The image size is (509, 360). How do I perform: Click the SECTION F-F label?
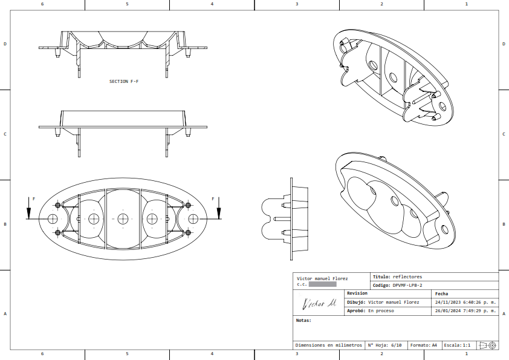123,81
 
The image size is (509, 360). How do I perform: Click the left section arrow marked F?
28,209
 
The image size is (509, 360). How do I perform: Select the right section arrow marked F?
218,209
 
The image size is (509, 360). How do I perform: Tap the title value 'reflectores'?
407,277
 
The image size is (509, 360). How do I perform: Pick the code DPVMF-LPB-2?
407,285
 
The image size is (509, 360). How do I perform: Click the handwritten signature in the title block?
319,303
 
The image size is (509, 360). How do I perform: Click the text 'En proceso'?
381,311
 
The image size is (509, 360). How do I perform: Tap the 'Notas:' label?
303,320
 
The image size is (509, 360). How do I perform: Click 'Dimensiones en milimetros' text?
328,345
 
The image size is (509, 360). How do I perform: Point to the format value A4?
434,345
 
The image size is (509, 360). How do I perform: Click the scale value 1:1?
466,345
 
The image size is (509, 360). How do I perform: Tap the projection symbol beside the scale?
487,345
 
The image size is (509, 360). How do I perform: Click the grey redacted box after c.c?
322,284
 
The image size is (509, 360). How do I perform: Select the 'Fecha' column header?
441,293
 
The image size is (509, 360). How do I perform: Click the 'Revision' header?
357,293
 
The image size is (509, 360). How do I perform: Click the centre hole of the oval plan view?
123,218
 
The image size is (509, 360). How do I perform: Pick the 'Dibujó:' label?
356,302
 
